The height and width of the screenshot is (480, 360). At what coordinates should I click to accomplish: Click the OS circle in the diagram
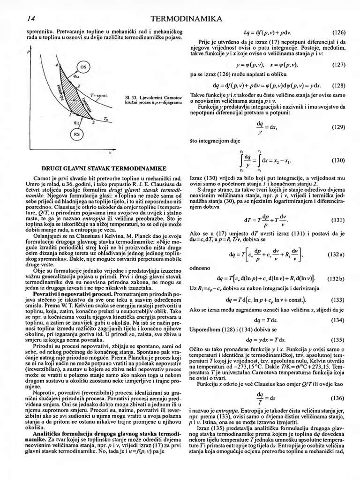click(84, 67)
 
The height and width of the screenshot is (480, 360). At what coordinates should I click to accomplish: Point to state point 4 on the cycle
click(57, 65)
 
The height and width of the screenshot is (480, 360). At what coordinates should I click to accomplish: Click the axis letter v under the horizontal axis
click(110, 152)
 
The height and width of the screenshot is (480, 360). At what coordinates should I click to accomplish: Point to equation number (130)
click(338, 160)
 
